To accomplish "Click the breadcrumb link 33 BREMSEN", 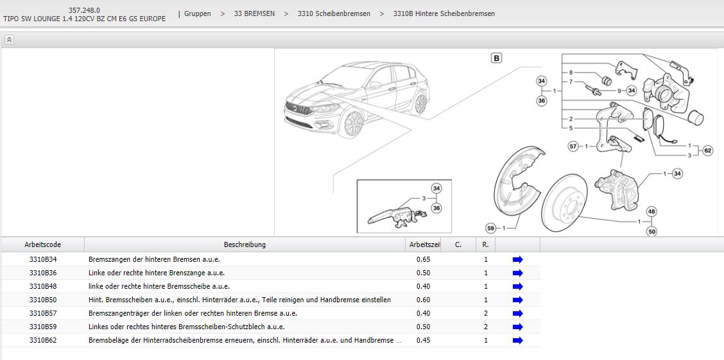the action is click(x=254, y=14).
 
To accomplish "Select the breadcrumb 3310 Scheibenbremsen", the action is click(x=334, y=14).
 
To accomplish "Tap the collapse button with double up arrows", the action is click(x=9, y=40).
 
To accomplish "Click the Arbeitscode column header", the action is click(x=42, y=244).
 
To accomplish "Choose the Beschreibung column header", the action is click(x=245, y=244).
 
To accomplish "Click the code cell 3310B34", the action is click(x=43, y=259).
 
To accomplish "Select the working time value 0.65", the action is click(x=424, y=259).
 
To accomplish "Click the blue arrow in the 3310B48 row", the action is click(x=517, y=286).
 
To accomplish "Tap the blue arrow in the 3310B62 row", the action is click(x=517, y=340).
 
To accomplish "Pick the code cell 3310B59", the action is click(x=43, y=327).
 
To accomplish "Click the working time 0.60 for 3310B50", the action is click(x=424, y=300).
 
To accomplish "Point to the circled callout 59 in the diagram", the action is click(x=491, y=228).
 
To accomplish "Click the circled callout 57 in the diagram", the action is click(x=573, y=147).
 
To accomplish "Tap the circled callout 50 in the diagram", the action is click(x=652, y=232).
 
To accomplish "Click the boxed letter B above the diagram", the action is click(x=496, y=58).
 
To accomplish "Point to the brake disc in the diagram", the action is click(x=564, y=201).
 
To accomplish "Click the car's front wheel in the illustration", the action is click(x=353, y=124).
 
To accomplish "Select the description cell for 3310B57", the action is click(x=193, y=313).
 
